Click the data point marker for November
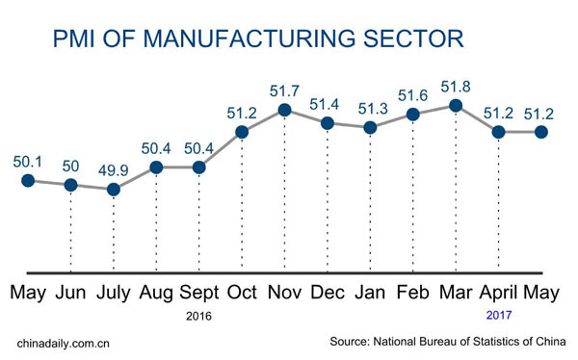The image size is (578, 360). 285,110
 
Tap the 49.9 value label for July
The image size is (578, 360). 114,169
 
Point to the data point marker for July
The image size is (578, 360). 114,189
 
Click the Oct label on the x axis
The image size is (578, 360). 243,291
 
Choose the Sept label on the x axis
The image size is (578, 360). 199,291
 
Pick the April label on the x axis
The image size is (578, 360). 498,292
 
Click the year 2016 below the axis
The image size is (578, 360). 199,316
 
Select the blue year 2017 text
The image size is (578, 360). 498,316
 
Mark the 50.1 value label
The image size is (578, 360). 27,160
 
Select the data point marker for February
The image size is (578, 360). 413,115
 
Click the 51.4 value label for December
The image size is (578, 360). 328,103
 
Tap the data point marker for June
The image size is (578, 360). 70,184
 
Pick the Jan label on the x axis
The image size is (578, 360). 371,291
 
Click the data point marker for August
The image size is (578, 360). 157,167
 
